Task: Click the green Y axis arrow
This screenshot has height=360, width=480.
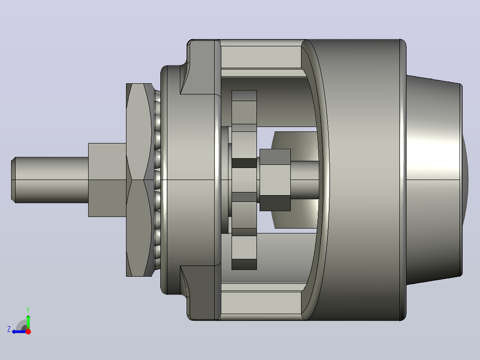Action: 28,321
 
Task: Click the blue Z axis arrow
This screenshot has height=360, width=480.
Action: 19,332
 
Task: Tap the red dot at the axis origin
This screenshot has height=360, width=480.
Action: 28,331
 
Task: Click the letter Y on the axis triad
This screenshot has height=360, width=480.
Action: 28,310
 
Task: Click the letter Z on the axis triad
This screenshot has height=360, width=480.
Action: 9,329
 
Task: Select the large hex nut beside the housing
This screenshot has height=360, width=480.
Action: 139,180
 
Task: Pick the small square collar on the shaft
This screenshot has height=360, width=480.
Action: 107,180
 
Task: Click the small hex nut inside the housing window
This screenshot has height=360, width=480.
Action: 275,180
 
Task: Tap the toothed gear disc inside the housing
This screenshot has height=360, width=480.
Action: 244,180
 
